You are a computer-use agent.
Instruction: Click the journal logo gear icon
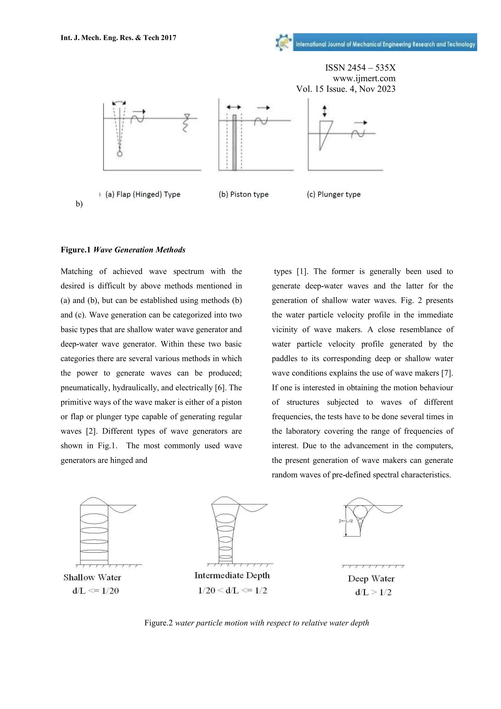(x=284, y=42)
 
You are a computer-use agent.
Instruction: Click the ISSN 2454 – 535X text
(x=360, y=68)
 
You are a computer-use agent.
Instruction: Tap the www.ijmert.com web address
(x=364, y=78)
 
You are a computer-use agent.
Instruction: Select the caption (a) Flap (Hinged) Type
(x=143, y=194)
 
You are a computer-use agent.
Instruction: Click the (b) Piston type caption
(x=243, y=194)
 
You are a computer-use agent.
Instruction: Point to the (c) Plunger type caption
(x=333, y=194)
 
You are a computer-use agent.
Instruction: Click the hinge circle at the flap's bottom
(x=120, y=154)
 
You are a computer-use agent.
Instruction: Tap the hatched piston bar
(x=234, y=142)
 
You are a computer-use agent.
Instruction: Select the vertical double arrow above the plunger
(x=324, y=111)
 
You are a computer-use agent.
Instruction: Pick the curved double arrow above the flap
(x=119, y=103)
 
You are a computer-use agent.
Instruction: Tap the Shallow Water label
(x=92, y=577)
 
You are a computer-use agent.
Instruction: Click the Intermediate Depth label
(x=232, y=575)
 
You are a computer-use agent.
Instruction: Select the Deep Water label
(x=371, y=579)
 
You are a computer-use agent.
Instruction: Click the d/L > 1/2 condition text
(x=373, y=592)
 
